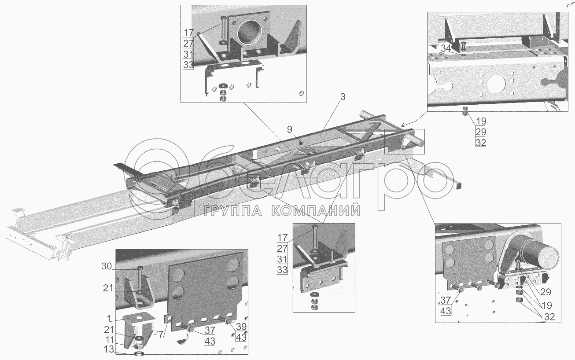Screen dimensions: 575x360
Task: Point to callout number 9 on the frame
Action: coord(289,129)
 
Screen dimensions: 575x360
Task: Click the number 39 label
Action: coord(241,327)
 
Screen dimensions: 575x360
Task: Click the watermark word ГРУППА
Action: coord(234,212)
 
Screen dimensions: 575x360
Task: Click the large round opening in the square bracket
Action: coord(251,34)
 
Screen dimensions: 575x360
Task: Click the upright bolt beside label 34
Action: coord(464,46)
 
